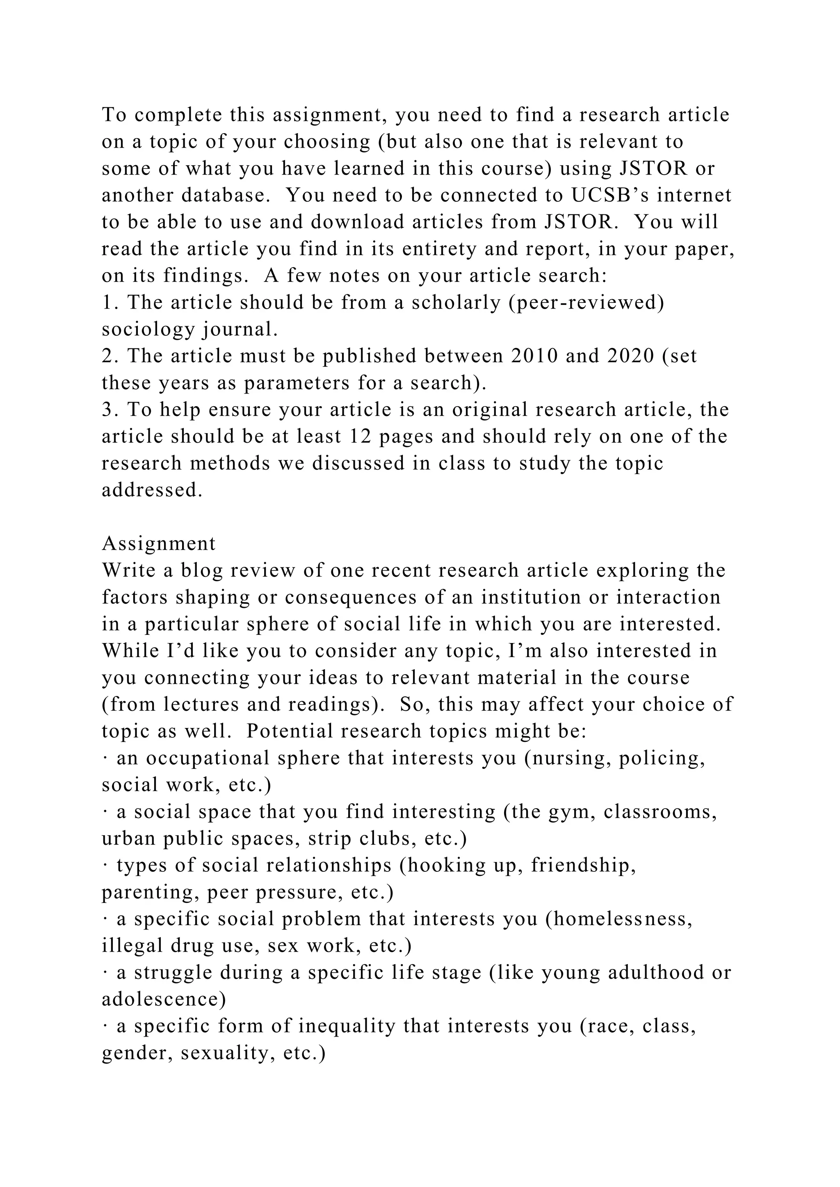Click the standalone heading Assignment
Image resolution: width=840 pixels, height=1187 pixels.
[159, 544]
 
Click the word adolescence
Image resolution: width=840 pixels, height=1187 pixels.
[164, 1000]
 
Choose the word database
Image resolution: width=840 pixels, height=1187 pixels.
[226, 196]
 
